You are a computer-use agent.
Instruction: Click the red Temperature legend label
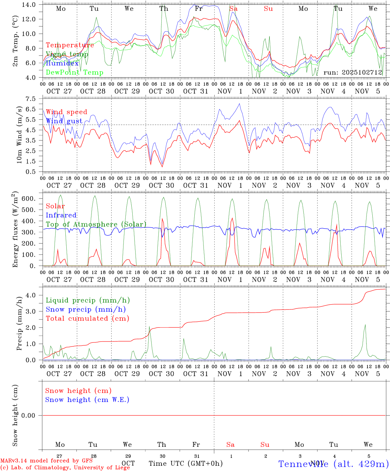click(70, 45)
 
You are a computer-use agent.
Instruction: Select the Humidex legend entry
click(62, 63)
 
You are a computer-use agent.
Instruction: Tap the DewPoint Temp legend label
click(74, 73)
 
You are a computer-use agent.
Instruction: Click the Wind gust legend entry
click(64, 121)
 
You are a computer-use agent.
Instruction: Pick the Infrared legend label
click(61, 215)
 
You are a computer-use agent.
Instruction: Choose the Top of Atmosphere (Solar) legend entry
click(96, 224)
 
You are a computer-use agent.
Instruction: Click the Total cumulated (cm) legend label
click(87, 319)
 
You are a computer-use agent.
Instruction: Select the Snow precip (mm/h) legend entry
click(86, 309)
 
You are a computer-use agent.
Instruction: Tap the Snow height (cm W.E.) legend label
click(87, 400)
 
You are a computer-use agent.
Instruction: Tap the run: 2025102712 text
click(352, 73)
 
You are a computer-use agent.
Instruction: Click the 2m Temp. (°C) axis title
click(15, 41)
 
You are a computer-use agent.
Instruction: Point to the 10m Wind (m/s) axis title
click(19, 135)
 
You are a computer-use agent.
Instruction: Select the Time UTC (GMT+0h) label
click(186, 463)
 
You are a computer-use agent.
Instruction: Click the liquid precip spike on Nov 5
click(365, 325)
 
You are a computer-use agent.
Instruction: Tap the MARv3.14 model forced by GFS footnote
click(46, 461)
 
